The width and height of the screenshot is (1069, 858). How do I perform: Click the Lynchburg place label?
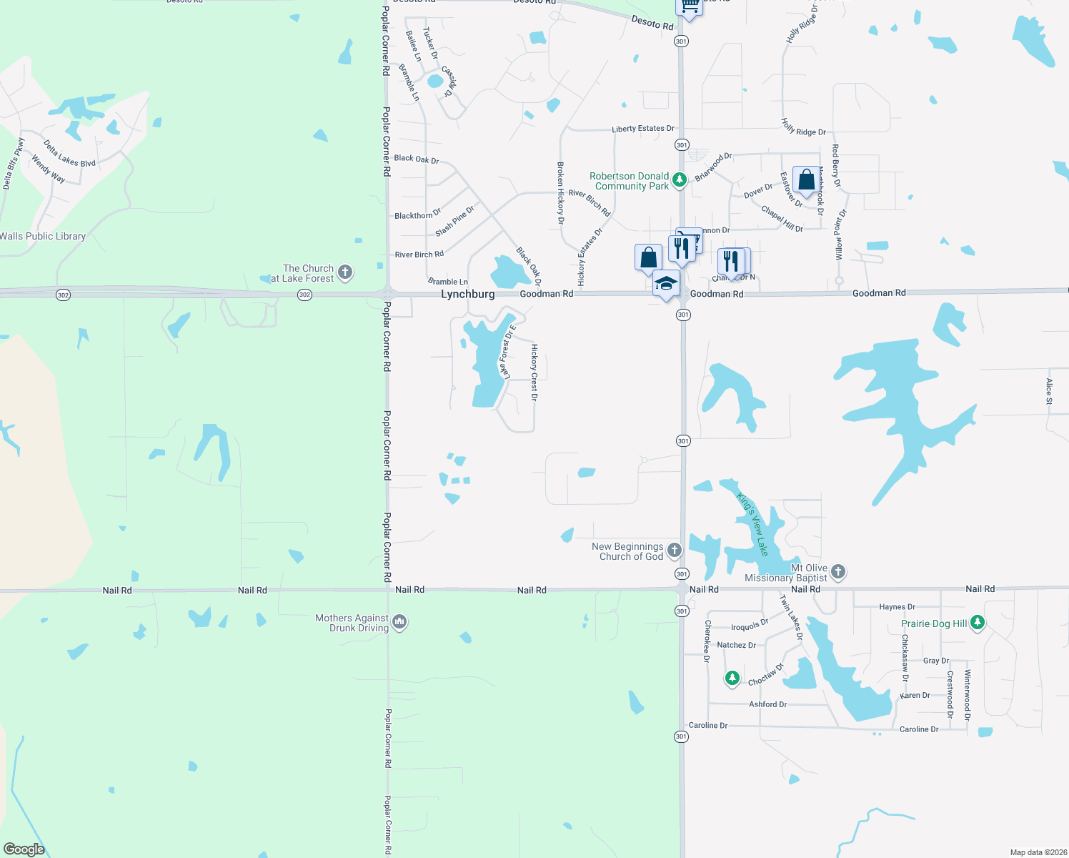[x=467, y=294]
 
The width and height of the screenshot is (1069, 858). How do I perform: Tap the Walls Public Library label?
[x=43, y=237]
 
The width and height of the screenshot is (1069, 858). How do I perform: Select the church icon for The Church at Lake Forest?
[x=345, y=272]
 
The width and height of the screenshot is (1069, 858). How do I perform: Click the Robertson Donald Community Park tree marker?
[x=680, y=179]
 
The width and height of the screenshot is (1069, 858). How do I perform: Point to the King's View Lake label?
[x=753, y=525]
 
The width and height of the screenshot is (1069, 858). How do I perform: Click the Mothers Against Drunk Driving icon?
[x=399, y=622]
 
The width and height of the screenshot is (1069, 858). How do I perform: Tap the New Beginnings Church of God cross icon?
[x=674, y=550]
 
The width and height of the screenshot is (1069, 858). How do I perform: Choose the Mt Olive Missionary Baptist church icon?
[x=838, y=571]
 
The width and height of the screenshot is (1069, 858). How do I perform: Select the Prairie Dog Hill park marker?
[x=977, y=623]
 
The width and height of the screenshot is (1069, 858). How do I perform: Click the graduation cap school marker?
[x=666, y=283]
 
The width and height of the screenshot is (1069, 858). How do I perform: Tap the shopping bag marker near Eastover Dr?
[x=806, y=179]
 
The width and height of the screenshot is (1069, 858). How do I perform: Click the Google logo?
[x=24, y=849]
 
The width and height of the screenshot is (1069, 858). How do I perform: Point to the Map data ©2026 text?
[x=1038, y=852]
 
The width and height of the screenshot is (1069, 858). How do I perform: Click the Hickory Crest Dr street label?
[x=534, y=372]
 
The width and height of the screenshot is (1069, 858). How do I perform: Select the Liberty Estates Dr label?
[x=642, y=129]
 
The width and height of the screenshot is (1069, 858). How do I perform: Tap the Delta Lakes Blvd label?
[x=69, y=153]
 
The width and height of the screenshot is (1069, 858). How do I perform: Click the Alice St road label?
[x=1048, y=391]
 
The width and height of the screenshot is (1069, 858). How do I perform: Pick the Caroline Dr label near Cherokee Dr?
[x=707, y=725]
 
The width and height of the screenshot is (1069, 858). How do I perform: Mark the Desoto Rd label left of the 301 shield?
[x=652, y=23]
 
